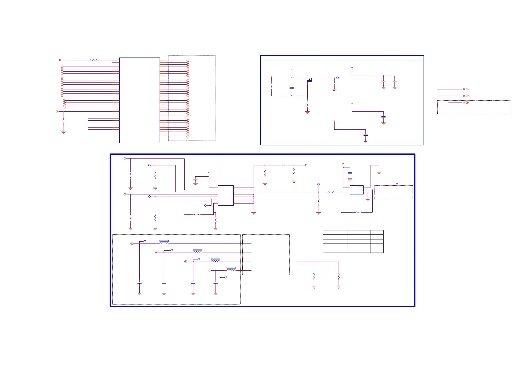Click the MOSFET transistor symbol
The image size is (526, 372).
point(310,79)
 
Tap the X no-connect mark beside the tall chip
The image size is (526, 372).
point(113,63)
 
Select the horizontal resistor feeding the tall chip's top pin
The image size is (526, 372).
point(93,60)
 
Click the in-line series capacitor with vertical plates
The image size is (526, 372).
point(281,165)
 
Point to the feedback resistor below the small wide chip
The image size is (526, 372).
point(358,213)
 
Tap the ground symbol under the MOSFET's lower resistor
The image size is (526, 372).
point(307,112)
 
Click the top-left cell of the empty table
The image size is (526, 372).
point(335,232)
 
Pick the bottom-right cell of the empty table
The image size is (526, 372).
point(377,250)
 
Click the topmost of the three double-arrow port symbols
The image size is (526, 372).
point(466,89)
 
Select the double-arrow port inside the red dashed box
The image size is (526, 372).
point(466,103)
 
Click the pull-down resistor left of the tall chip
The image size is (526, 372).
point(63,121)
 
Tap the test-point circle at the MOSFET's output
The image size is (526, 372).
point(337,78)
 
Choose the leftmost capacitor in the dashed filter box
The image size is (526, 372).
point(139,283)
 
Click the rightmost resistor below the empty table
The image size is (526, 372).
point(339,276)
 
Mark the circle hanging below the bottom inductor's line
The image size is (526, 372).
point(226,277)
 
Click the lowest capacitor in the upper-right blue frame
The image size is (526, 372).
point(365,135)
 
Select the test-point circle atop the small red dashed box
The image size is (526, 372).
point(397,184)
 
